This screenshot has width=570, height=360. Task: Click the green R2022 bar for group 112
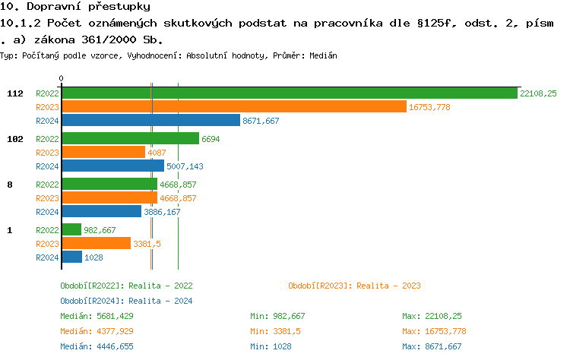pos(289,93)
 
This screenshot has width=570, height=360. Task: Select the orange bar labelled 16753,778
pos(234,107)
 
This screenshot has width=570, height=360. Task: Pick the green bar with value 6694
pos(130,139)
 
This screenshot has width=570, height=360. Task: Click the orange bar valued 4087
pos(103,153)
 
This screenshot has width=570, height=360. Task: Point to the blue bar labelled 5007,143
pos(112,166)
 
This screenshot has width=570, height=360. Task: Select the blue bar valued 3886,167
pos(101,212)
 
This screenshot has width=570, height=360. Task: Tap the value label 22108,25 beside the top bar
pos(538,93)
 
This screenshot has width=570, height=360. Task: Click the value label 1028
pos(93,257)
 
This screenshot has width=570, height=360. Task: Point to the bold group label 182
pos(15,139)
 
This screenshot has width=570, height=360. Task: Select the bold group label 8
pos(10,185)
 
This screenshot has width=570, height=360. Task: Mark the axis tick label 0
pos(62,79)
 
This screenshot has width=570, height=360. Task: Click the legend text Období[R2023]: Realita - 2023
pos(354,286)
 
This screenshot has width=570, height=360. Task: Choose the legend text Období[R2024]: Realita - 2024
pos(126,301)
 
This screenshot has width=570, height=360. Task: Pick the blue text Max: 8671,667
pos(432,346)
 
